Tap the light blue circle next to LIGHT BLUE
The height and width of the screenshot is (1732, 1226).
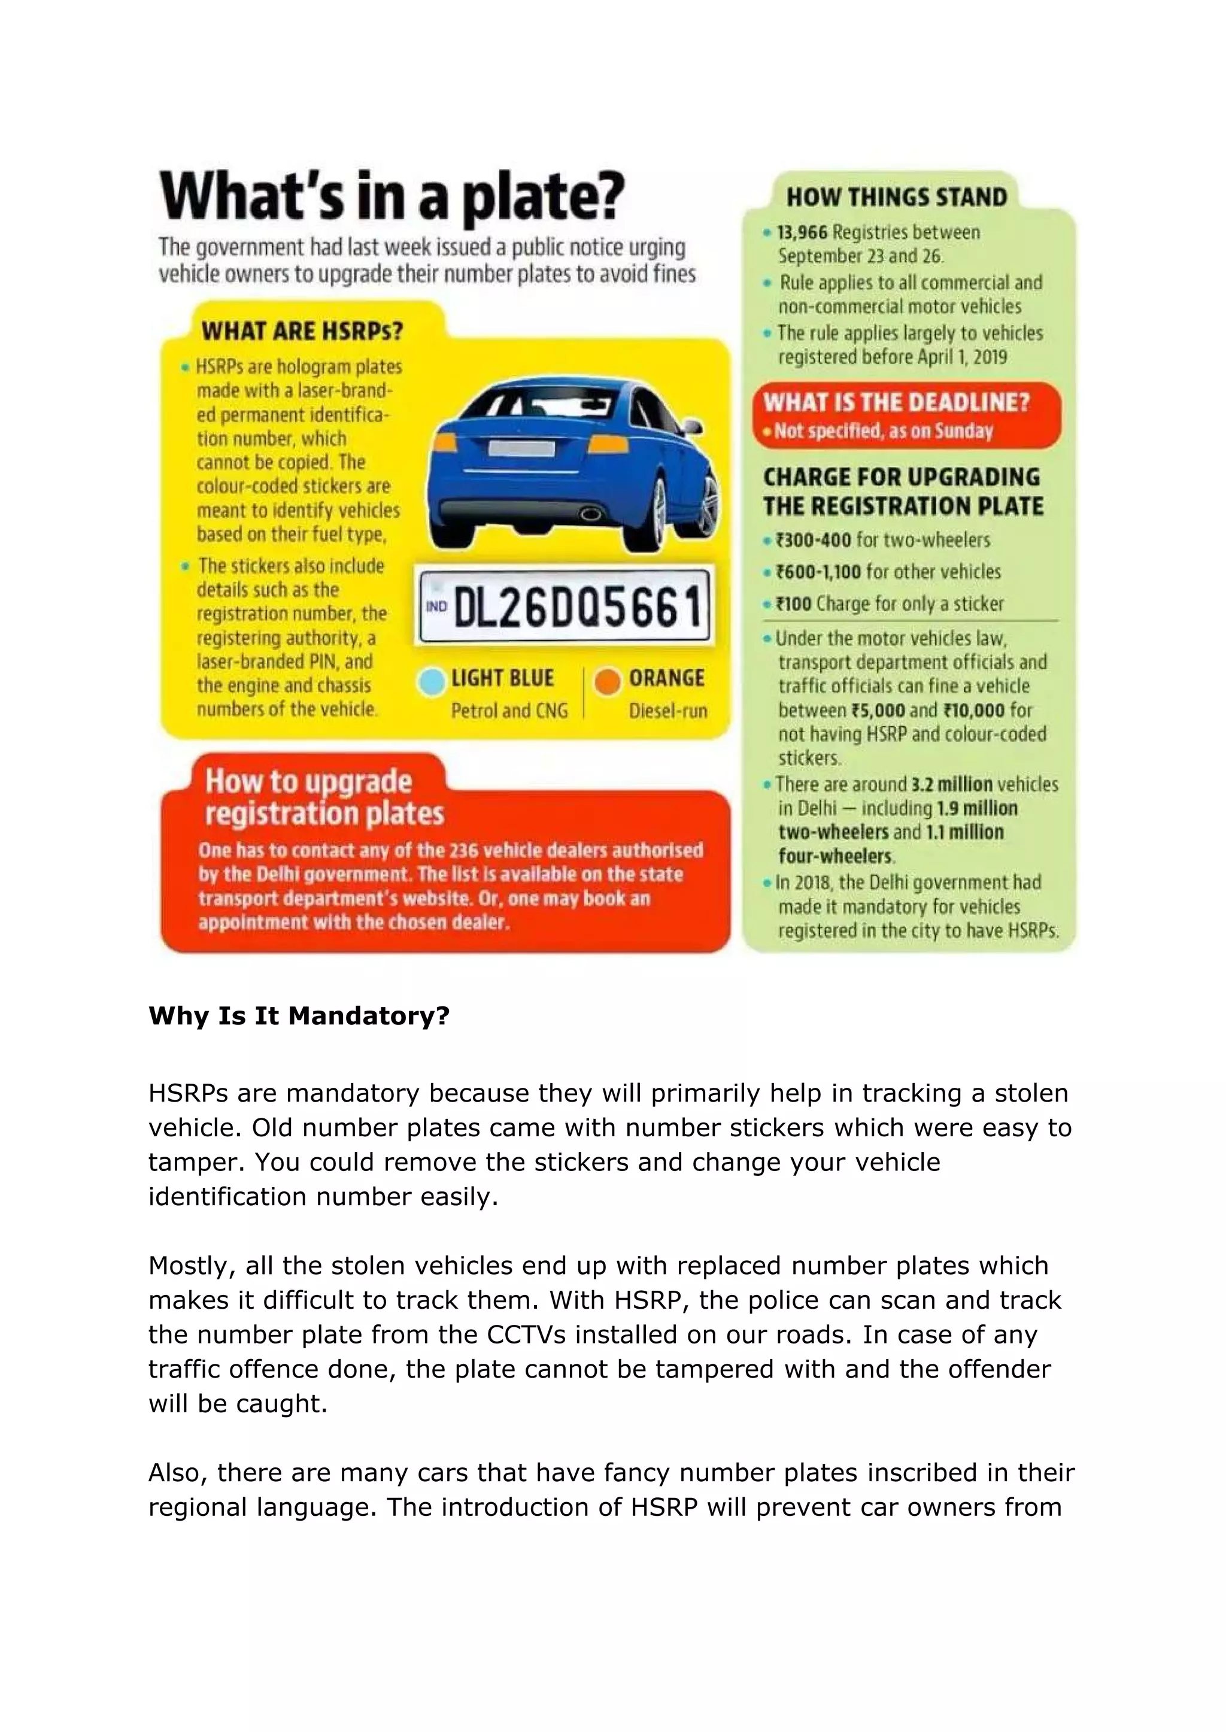[x=431, y=682]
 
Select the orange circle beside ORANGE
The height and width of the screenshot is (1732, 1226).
[x=607, y=682]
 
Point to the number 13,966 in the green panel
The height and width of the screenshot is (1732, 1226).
[x=803, y=232]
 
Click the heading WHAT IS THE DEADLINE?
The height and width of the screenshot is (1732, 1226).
[x=896, y=402]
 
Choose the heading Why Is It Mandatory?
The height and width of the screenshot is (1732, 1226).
[x=299, y=1016]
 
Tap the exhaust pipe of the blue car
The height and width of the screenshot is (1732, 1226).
[x=590, y=515]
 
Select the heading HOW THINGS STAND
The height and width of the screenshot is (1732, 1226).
[x=896, y=198]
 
